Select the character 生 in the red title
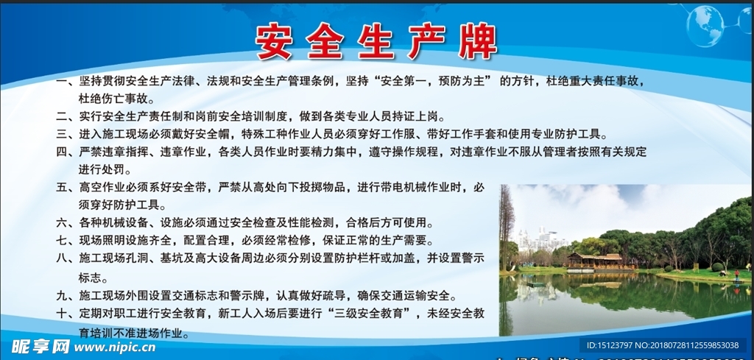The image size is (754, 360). [x=376, y=43]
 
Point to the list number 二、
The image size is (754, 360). [x=65, y=116]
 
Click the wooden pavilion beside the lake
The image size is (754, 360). [x=593, y=261]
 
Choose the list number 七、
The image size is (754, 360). [x=65, y=241]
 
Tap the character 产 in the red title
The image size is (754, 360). [x=426, y=43]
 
